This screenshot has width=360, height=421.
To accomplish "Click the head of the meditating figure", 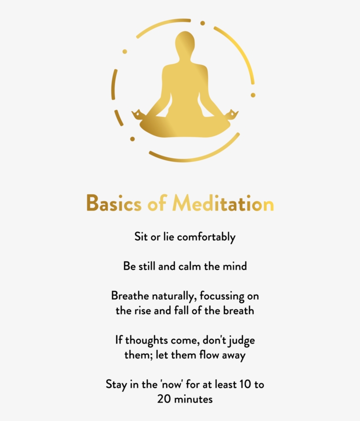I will pyautogui.click(x=185, y=44).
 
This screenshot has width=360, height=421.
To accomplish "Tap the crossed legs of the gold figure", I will pyautogui.click(x=185, y=126).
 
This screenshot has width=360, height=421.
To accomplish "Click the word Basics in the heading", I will pyautogui.click(x=114, y=203).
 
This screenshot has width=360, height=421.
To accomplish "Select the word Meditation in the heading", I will pyautogui.click(x=223, y=203).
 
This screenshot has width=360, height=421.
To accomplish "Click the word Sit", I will pyautogui.click(x=140, y=237).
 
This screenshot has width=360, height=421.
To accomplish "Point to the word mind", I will pyautogui.click(x=235, y=266).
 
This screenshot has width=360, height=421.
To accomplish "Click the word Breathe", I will pyautogui.click(x=130, y=296).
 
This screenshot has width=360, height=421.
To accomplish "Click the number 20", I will pyautogui.click(x=163, y=399).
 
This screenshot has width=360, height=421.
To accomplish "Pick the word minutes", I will pyautogui.click(x=193, y=399).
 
